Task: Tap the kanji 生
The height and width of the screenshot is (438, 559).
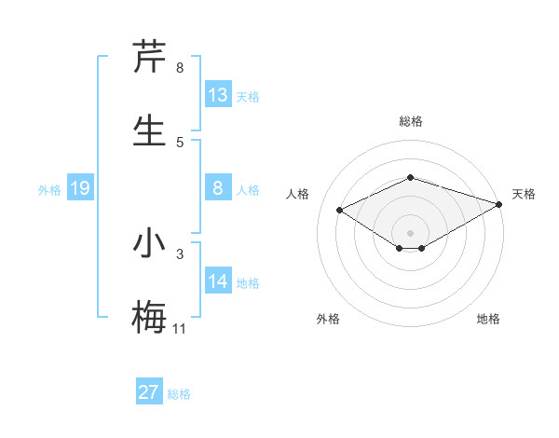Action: coord(149,130)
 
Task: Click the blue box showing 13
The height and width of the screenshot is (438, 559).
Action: coord(218,94)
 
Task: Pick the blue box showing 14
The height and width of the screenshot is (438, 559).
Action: coord(218,281)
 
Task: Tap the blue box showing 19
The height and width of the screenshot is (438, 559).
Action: coord(80,189)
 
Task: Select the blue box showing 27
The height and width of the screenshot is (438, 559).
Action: coord(149,392)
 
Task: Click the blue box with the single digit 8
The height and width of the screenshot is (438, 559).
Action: coord(218,189)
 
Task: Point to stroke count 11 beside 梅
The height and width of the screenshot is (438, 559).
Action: coord(180,328)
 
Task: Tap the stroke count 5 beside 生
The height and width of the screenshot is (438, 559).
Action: coord(180,142)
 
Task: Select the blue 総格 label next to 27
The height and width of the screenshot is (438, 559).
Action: coord(179,394)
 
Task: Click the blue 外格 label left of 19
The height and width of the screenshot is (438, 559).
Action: coord(49,190)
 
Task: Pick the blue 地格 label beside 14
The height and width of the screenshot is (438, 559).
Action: coord(248,283)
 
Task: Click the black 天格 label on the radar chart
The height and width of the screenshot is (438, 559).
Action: coord(524,194)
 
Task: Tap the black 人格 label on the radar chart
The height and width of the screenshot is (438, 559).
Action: coord(298,194)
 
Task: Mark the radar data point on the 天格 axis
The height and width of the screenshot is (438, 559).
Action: coord(500,204)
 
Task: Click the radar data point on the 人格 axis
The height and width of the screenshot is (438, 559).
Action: coord(340,210)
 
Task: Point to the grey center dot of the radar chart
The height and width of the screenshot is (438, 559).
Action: coord(410,232)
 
